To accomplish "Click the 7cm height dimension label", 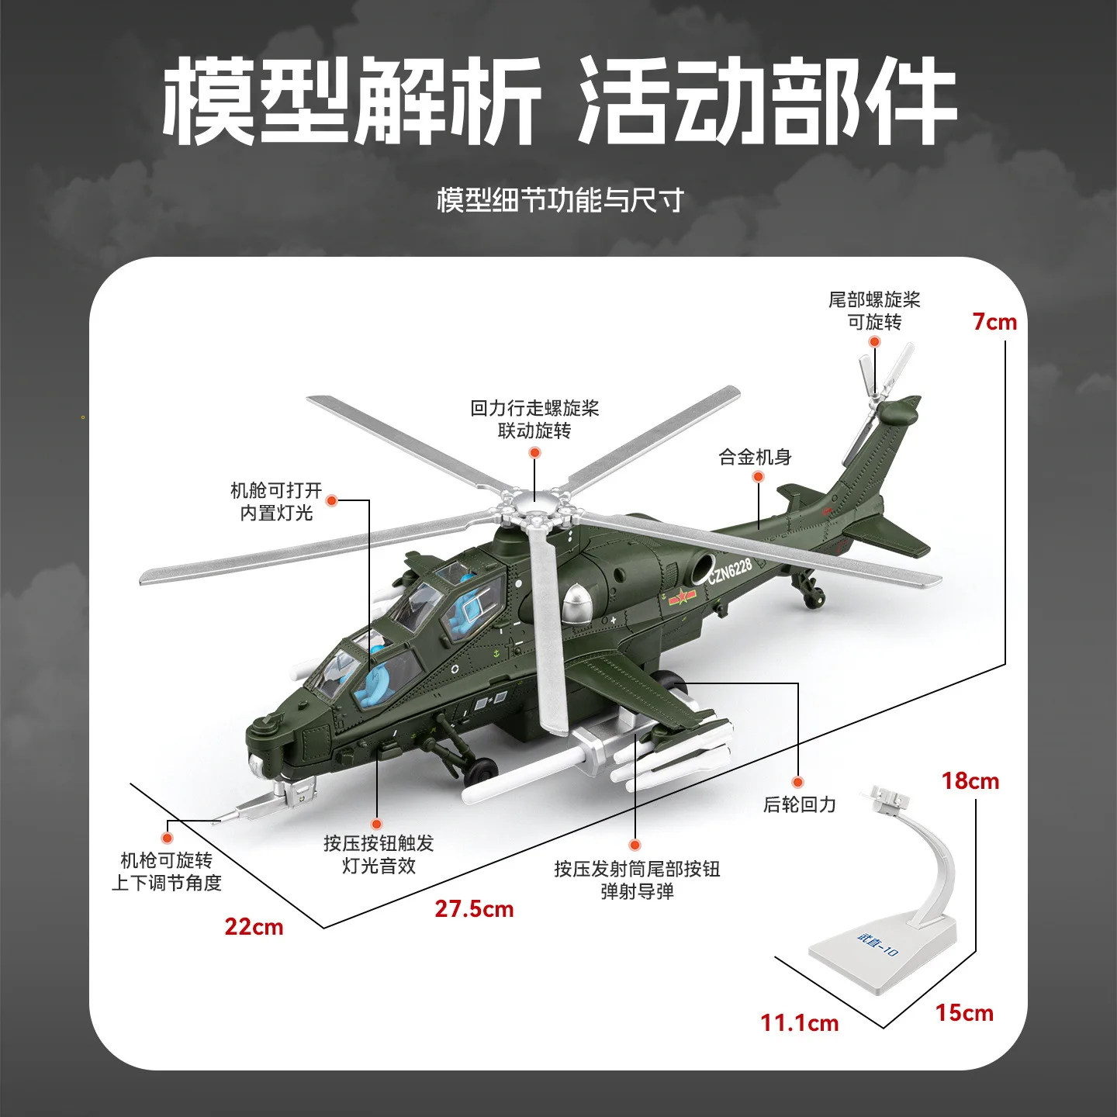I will tap(994, 322).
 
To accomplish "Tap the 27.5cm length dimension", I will tap(474, 909).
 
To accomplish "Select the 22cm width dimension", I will tap(254, 927).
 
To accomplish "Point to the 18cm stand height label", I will tap(970, 781).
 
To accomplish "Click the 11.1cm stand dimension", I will tap(799, 1023).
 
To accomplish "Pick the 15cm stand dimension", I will tap(963, 1013).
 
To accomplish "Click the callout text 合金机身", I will tap(755, 457).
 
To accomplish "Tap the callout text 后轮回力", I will tap(799, 804).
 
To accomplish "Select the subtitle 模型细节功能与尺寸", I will tap(559, 200).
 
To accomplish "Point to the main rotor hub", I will tap(535, 510).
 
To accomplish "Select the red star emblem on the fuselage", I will tap(682, 597).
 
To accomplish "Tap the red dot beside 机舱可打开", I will tap(331, 500).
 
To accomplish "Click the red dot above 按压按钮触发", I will tap(377, 824).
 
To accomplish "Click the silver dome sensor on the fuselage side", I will tap(577, 603).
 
